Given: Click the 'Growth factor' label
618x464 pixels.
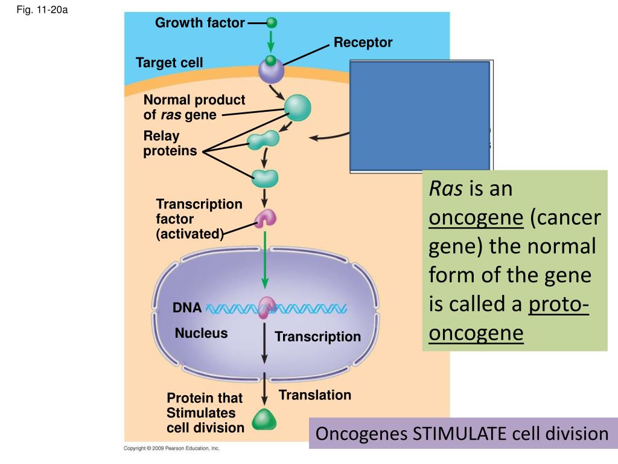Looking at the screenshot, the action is pos(200,23).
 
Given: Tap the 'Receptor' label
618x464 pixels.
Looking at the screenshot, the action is pos(363,43).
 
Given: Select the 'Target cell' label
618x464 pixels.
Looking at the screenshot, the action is pos(170,63).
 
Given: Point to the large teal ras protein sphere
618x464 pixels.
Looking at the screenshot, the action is pos(298,108).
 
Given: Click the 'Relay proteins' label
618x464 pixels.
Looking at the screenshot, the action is pos(170,143).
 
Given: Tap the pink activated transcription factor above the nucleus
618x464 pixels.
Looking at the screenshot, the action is pos(266,219).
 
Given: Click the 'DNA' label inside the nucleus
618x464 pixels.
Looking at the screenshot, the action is pos(187,308).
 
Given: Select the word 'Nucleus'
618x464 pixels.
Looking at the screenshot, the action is pos(202,333).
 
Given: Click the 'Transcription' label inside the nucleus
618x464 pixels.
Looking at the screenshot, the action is pos(317,337).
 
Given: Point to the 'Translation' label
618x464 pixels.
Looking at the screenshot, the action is pos(315,395).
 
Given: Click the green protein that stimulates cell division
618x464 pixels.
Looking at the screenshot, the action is pos(264,419).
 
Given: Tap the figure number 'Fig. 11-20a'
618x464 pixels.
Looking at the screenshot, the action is pos(42,10).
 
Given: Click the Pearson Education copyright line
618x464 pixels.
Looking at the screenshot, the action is pos(171,448).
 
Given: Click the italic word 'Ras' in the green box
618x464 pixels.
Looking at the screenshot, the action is pos(445,188).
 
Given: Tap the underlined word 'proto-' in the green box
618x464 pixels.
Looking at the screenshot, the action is pos(558,304).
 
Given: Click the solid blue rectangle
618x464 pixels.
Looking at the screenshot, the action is pos(420,116).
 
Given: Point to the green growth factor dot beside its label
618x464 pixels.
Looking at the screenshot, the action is pos(272,22).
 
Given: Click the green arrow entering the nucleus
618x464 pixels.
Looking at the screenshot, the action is pos(265,260).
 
